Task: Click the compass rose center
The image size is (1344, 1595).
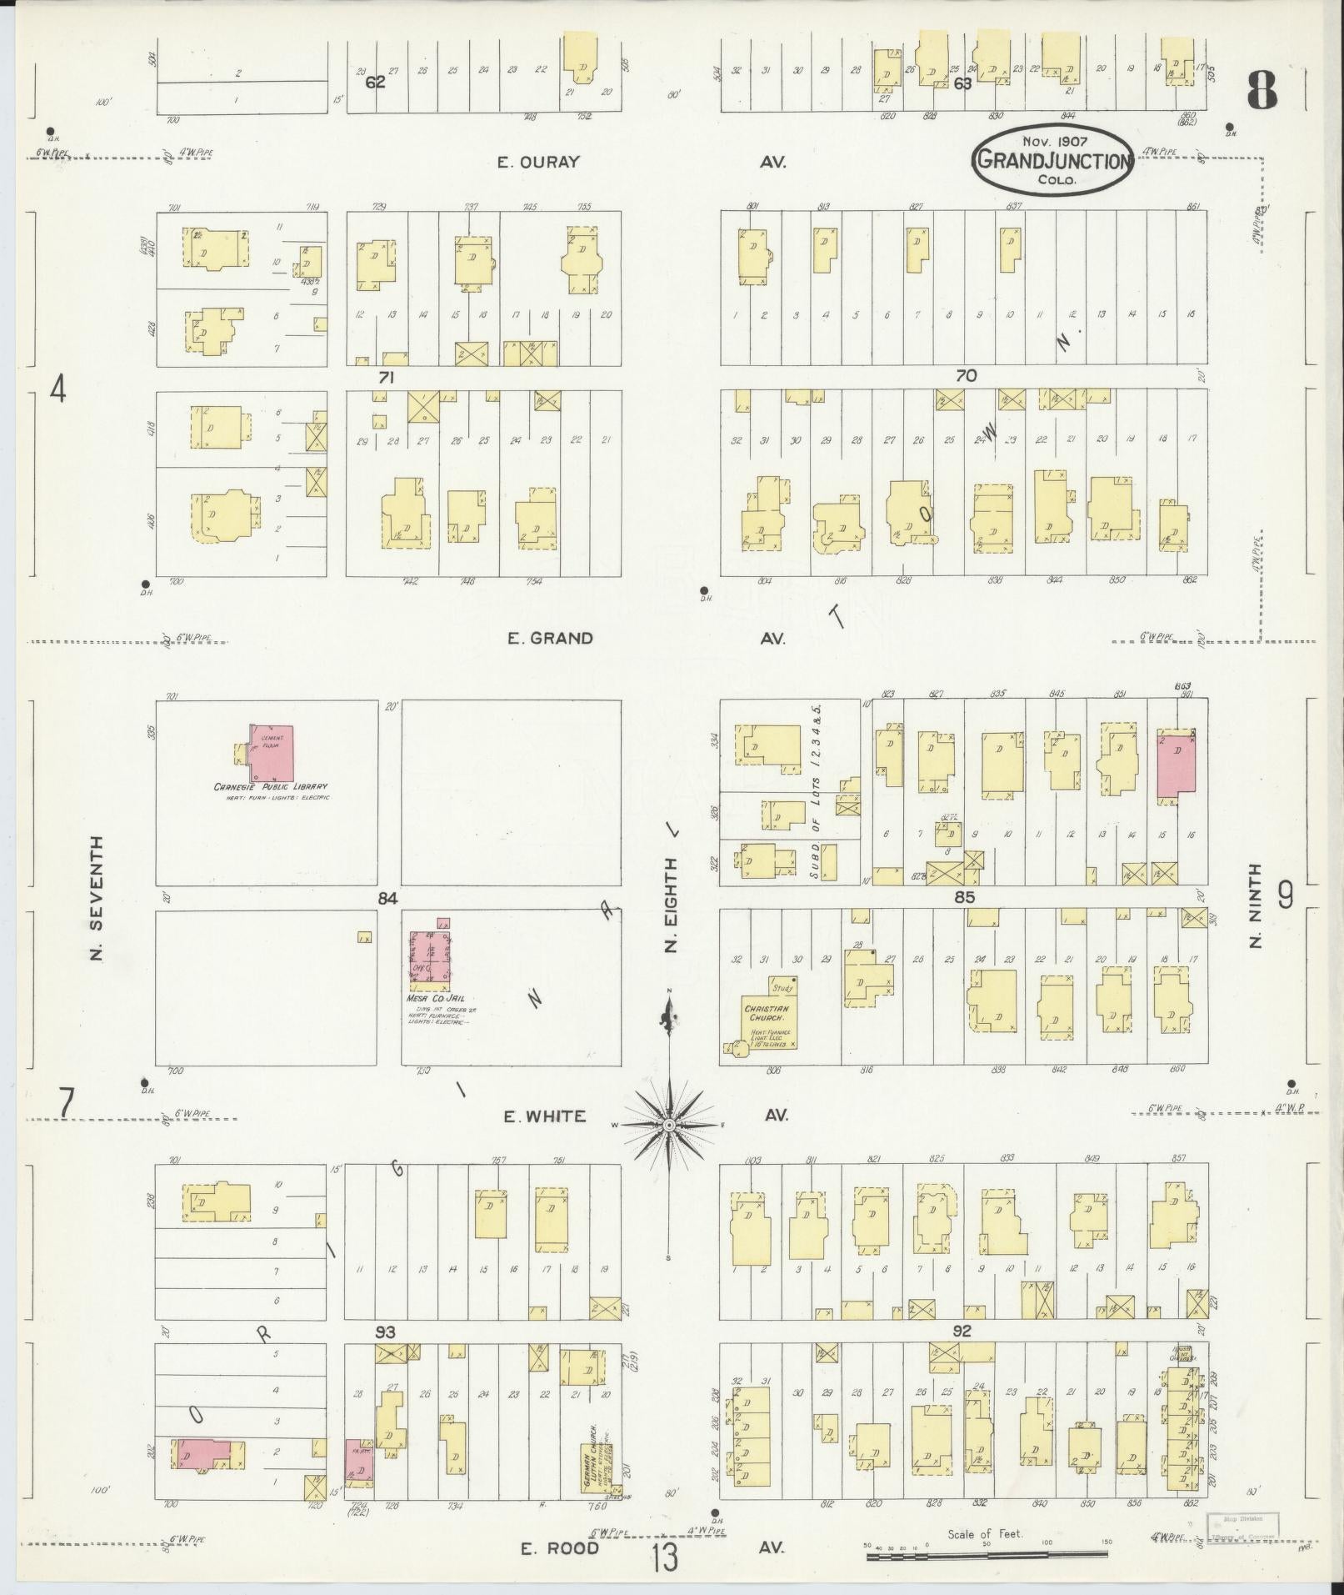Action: click(669, 1126)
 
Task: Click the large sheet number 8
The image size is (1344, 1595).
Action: click(1262, 91)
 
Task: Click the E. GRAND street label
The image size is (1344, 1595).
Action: click(551, 639)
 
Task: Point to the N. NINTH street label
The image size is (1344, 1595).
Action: click(1257, 905)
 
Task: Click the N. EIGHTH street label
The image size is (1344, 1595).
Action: click(672, 904)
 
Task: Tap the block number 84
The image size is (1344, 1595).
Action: click(387, 900)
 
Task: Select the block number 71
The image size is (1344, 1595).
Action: click(385, 378)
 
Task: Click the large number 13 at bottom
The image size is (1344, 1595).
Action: click(666, 1557)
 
